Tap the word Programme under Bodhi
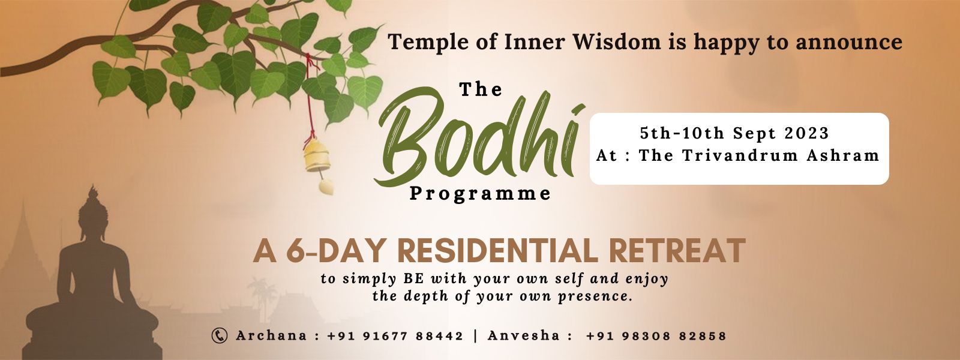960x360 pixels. pos(480,194)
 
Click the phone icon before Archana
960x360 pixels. pos(220,335)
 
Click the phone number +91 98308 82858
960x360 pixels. pos(656,336)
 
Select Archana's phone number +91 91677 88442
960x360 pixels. pos(395,336)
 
